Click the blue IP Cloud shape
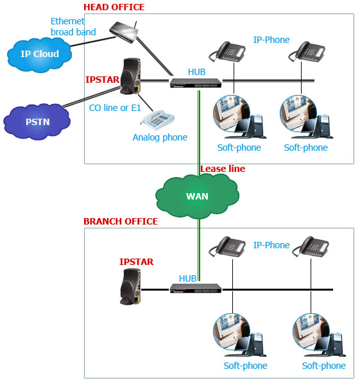(x=39, y=55)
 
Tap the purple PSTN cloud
(x=37, y=122)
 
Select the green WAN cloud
(x=197, y=196)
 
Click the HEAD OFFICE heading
(x=114, y=7)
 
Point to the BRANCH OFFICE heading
(x=121, y=221)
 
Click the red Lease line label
(x=223, y=169)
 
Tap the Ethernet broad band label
(x=73, y=27)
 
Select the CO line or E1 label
(x=115, y=108)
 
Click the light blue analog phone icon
(x=158, y=120)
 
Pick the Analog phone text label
(x=160, y=137)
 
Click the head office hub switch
(x=196, y=83)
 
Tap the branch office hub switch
(x=196, y=288)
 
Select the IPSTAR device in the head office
(x=130, y=76)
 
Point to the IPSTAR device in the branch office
(x=130, y=287)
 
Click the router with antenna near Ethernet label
(x=123, y=32)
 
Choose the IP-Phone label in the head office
(x=271, y=40)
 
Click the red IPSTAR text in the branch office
(x=136, y=262)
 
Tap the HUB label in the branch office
(x=187, y=278)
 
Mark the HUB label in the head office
(x=196, y=72)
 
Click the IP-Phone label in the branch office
(x=271, y=245)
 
